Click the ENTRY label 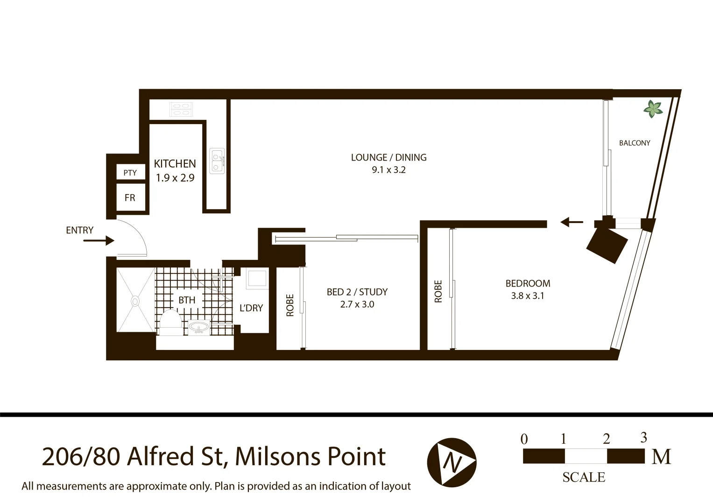(x=79, y=230)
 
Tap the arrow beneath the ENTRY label (x=99, y=241)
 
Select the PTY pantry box (x=130, y=173)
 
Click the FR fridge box (x=130, y=198)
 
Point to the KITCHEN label (x=175, y=164)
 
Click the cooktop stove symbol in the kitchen (x=181, y=110)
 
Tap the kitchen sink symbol (x=217, y=161)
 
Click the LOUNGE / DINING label (x=388, y=158)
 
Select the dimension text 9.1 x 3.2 (x=388, y=170)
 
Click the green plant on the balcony (x=653, y=109)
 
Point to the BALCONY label (x=635, y=143)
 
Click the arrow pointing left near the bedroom (x=572, y=222)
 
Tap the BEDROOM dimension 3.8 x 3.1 (x=528, y=296)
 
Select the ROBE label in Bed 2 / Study (x=290, y=305)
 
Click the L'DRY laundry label (x=251, y=308)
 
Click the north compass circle (x=451, y=462)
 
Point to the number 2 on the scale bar (x=606, y=439)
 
